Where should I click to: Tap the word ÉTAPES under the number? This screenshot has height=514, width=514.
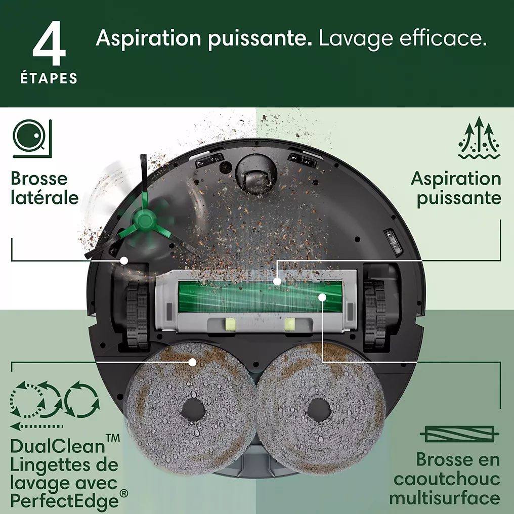[49, 78]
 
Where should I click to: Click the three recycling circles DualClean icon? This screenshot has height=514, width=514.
[55, 400]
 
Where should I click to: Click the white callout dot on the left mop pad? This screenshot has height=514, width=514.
[192, 362]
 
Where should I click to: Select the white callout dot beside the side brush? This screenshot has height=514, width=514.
[123, 261]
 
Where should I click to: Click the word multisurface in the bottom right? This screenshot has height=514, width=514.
[445, 498]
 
